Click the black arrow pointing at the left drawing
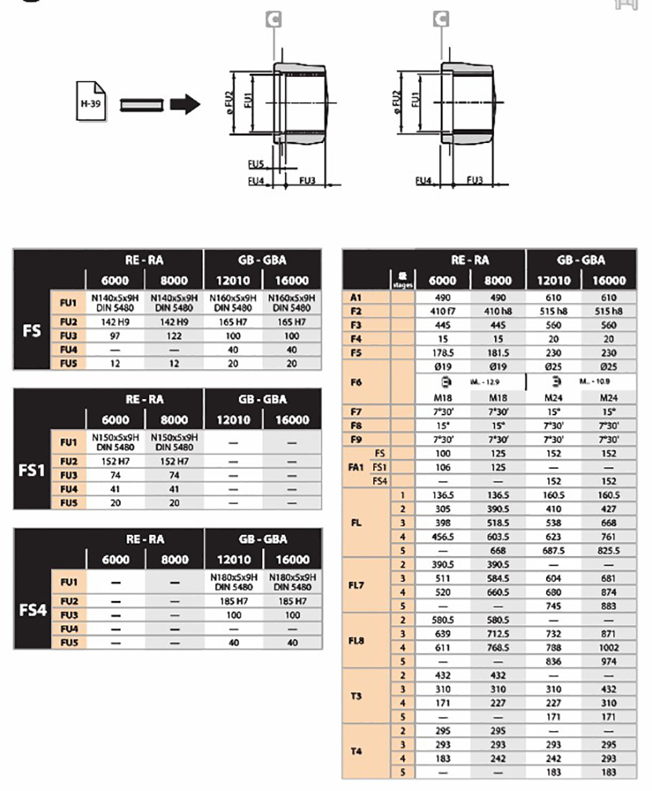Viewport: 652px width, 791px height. coord(186,103)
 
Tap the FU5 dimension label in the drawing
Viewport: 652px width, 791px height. coord(255,165)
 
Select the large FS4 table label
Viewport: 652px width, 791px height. coord(32,610)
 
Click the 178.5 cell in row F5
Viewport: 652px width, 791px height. coord(441,353)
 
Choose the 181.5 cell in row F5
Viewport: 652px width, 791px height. coord(497,353)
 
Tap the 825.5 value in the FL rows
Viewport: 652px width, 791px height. coord(609,551)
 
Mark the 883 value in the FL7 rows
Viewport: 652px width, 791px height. coord(609,606)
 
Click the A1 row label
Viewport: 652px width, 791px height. coord(355,298)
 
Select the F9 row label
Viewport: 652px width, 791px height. coord(355,439)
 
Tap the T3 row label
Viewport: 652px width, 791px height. coord(355,696)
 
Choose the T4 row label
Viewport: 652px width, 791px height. coord(355,751)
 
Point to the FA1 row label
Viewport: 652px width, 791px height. coord(354,467)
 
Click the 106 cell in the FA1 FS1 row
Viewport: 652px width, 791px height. coord(441,467)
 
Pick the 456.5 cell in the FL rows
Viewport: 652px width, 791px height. coord(441,536)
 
